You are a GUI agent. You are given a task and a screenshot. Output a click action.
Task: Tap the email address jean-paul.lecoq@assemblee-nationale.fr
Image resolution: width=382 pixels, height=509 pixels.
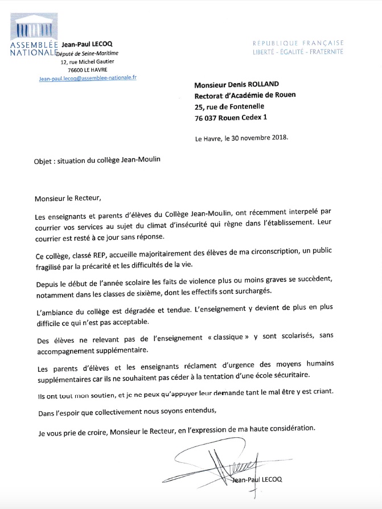pyautogui.click(x=88, y=77)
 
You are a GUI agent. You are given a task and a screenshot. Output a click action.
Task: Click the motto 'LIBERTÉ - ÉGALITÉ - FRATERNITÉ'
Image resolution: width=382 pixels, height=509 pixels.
pyautogui.click(x=298, y=52)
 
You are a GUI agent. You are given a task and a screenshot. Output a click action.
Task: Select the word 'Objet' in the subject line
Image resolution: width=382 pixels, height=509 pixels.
pyautogui.click(x=43, y=160)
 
